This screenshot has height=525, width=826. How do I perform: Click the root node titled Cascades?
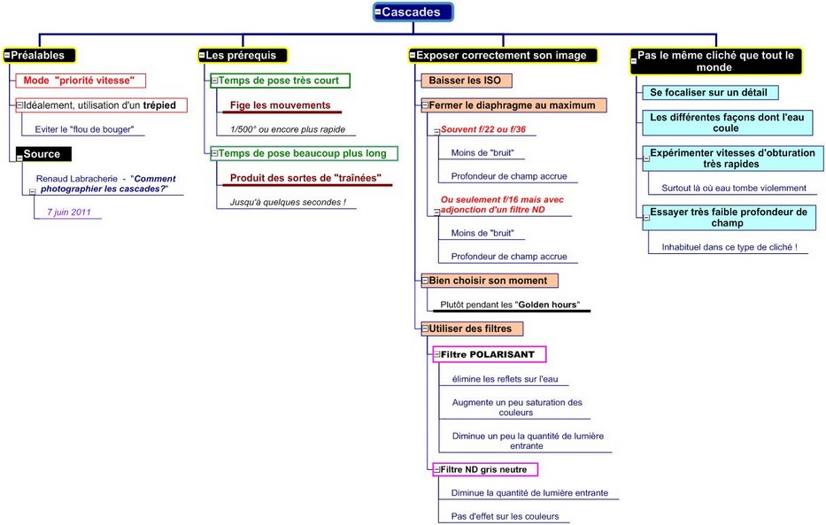pos(413,12)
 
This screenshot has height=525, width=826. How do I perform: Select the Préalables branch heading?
pos(39,55)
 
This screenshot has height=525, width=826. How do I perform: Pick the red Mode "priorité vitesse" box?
pos(79,80)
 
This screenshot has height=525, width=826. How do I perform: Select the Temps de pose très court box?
pos(280,81)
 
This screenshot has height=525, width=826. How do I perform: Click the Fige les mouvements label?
pos(280,105)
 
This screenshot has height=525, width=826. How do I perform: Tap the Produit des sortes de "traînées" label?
pos(305,178)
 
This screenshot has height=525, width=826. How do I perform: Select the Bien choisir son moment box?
pos(489,281)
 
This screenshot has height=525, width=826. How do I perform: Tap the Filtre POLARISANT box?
pos(490,354)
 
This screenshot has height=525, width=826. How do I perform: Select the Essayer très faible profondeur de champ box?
pos(728,217)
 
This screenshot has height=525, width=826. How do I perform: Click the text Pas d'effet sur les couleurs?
pos(505,516)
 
